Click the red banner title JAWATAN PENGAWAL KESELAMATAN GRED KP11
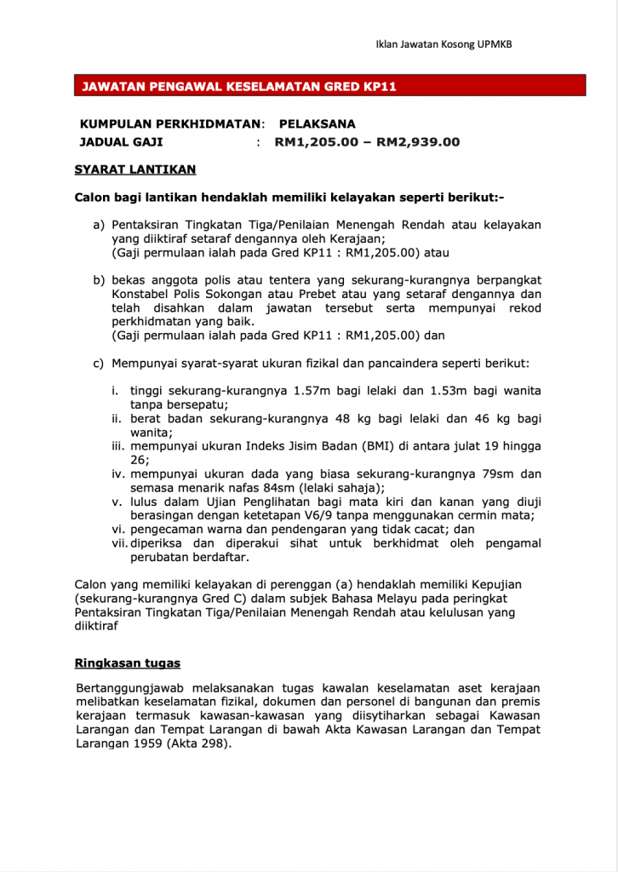coord(239,87)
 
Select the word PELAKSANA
coord(318,123)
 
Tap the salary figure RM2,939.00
coord(418,142)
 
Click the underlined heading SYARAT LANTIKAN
coord(135,169)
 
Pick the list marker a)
coord(99,225)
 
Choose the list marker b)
coord(99,280)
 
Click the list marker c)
coord(99,364)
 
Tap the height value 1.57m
coord(312,391)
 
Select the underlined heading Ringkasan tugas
coord(128,663)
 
